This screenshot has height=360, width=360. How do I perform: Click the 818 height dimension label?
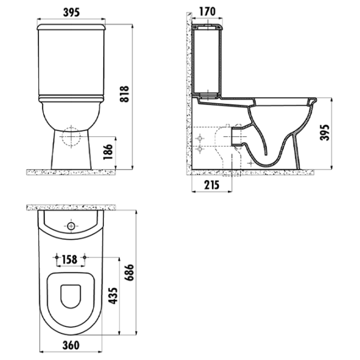pyautogui.click(x=124, y=94)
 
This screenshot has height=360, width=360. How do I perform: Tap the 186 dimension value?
pyautogui.click(x=108, y=152)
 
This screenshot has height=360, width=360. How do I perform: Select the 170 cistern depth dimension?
pyautogui.click(x=208, y=12)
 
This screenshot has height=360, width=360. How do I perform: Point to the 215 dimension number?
pyautogui.click(x=212, y=185)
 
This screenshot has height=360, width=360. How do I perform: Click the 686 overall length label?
pyautogui.click(x=128, y=272)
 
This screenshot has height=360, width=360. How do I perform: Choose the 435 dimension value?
pyautogui.click(x=113, y=296)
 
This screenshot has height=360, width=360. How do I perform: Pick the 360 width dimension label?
pyautogui.click(x=71, y=346)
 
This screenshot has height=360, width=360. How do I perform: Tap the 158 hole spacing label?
pyautogui.click(x=70, y=260)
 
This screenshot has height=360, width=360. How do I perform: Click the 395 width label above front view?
pyautogui.click(x=71, y=13)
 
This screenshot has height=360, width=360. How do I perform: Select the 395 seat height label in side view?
pyautogui.click(x=325, y=133)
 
